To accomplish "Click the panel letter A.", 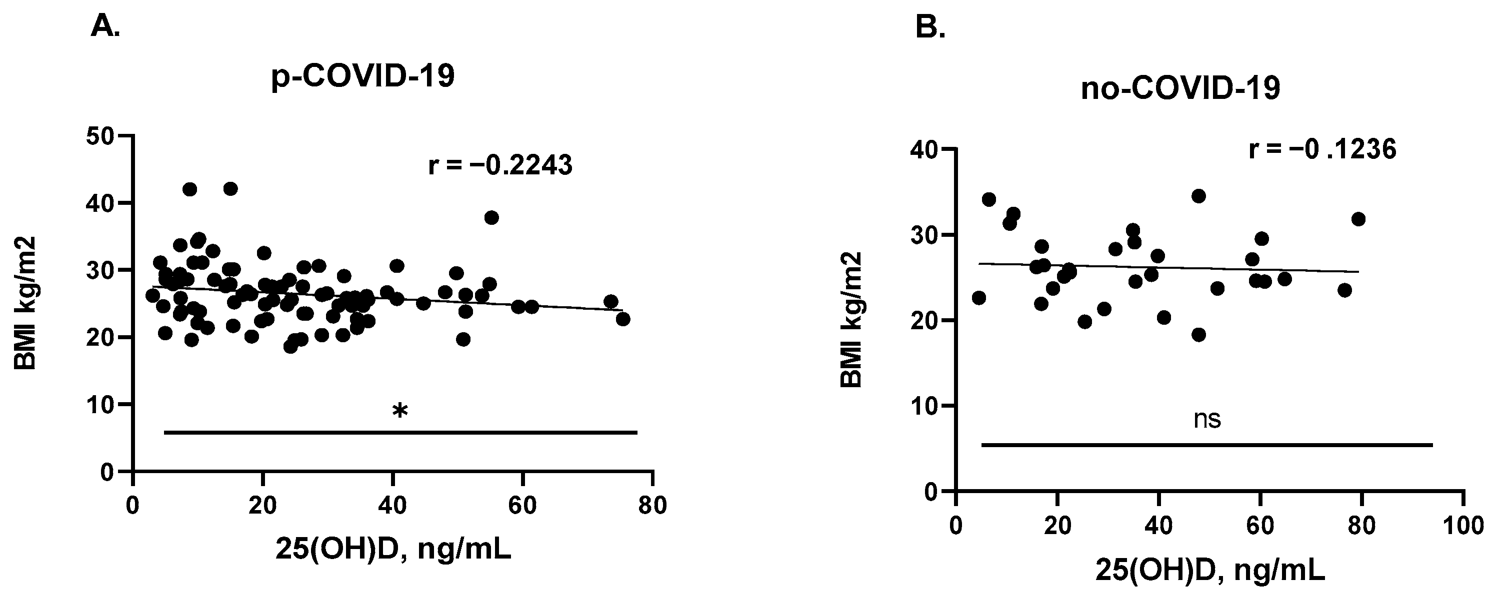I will point(105,27).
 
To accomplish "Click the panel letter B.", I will point(930,27).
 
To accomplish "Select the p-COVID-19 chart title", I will point(363,77).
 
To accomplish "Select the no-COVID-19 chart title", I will point(1180,90).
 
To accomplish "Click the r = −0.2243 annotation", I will point(500,166).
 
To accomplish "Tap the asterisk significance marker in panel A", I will point(400,412).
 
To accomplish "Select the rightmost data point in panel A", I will point(623,319).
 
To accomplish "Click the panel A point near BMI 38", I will point(491,217).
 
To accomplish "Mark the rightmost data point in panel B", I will point(1358,219).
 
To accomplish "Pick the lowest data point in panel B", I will point(1198,335).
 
